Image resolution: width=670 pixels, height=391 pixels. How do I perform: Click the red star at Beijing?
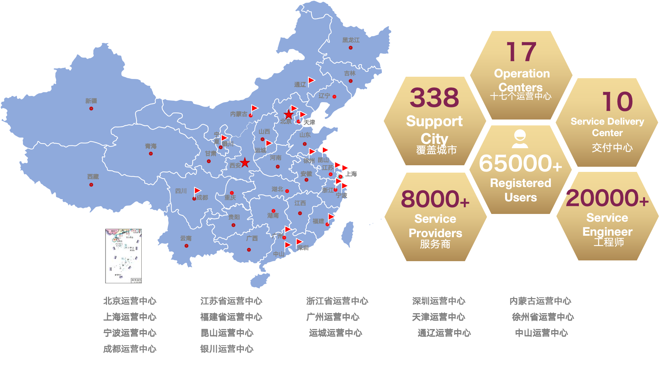[289, 114]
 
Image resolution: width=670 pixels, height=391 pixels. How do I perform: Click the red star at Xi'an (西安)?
[245, 163]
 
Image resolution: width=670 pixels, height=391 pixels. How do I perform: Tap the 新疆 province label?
[91, 101]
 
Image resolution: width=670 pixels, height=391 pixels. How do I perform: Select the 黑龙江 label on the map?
[350, 40]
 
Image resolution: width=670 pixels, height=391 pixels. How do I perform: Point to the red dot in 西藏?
[91, 185]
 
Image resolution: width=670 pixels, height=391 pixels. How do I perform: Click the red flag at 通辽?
[311, 80]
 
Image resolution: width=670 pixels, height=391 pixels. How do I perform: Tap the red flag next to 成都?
[197, 191]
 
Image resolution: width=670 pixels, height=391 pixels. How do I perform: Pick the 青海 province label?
[151, 146]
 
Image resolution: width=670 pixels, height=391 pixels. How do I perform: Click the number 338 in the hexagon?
[434, 98]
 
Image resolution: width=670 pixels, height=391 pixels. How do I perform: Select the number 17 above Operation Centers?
[521, 52]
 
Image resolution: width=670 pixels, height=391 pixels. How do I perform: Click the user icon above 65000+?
[520, 139]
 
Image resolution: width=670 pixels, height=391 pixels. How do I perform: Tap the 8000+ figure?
[435, 199]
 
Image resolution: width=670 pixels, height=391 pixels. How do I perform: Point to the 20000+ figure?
[607, 198]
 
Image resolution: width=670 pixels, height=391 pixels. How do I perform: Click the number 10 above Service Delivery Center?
[617, 101]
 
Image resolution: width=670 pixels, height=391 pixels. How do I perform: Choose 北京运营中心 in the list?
[129, 301]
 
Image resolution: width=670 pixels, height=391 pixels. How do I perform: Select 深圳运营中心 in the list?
[439, 301]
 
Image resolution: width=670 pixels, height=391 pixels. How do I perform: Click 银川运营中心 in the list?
[227, 349]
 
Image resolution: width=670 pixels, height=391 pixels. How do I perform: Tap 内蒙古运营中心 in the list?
[540, 301]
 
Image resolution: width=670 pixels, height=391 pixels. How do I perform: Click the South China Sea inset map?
[123, 256]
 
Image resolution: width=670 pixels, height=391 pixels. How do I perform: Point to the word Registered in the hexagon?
[520, 183]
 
